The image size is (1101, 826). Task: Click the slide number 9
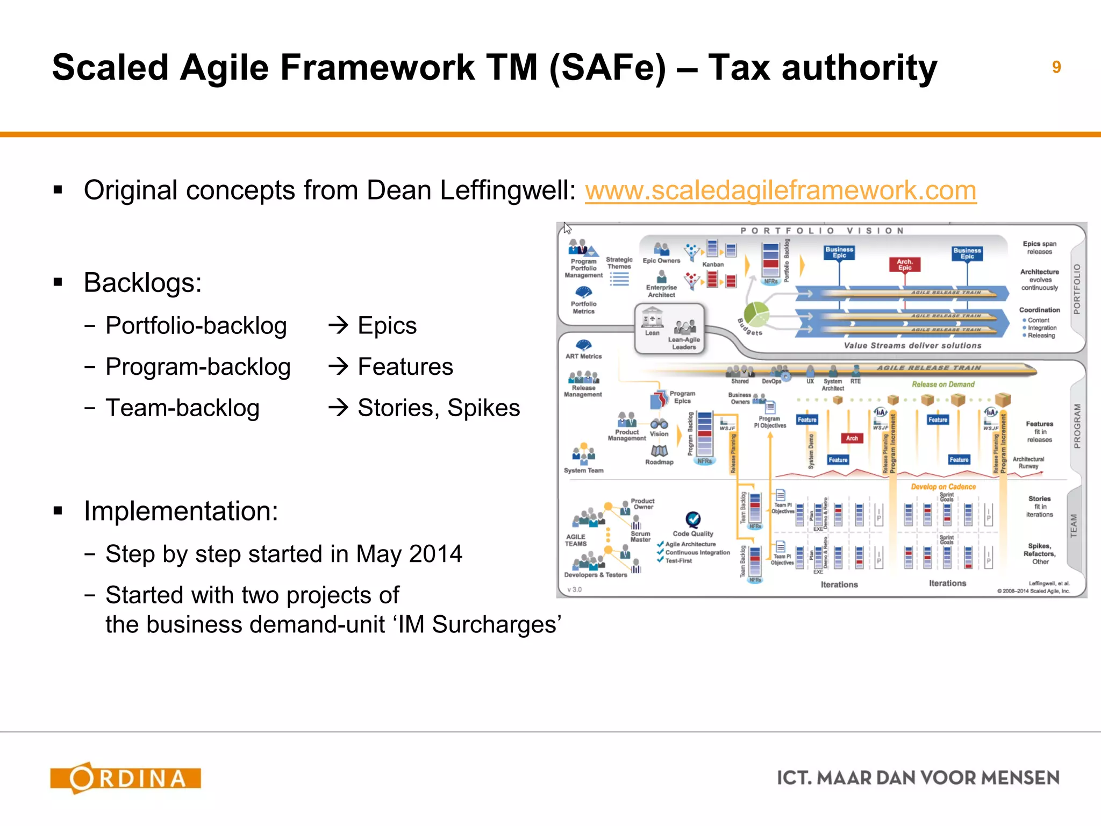[1056, 67]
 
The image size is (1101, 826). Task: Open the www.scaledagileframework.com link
[780, 190]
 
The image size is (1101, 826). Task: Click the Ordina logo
[125, 778]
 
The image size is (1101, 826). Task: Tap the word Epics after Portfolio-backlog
[387, 326]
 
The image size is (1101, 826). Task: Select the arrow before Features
[339, 367]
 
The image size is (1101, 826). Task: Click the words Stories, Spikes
[439, 408]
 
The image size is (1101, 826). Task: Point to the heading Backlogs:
[142, 283]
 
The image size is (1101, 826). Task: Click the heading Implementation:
[181, 511]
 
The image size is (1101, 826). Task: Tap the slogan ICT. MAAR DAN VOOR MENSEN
[918, 778]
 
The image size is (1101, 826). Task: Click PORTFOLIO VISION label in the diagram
[823, 231]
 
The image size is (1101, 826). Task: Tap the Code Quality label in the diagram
[693, 533]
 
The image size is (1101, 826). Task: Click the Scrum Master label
[640, 537]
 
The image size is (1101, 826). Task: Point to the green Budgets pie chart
[756, 314]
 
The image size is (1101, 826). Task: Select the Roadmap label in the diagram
[659, 462]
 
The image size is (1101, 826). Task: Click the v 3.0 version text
[575, 589]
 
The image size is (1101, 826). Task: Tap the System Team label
[583, 471]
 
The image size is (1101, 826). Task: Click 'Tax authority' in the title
[822, 68]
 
